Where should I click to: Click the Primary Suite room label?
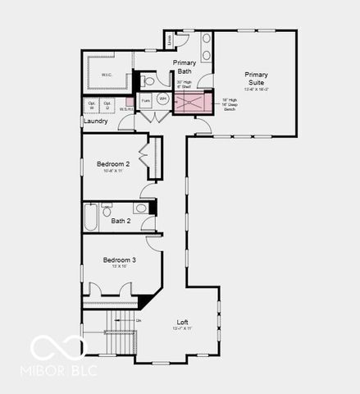[256, 79]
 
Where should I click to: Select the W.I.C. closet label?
[107, 76]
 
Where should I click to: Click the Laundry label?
[95, 121]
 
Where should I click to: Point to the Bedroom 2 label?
[114, 164]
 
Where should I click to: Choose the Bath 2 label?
[121, 221]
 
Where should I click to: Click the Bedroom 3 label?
[119, 260]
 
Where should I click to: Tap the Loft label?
[182, 322]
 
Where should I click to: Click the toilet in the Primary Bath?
[147, 80]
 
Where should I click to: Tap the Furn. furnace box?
[145, 101]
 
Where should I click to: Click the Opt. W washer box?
[92, 105]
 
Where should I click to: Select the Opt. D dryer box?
[107, 105]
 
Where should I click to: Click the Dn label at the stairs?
[139, 319]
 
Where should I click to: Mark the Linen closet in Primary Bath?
[170, 39]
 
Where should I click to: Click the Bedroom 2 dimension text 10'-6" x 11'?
[114, 171]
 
